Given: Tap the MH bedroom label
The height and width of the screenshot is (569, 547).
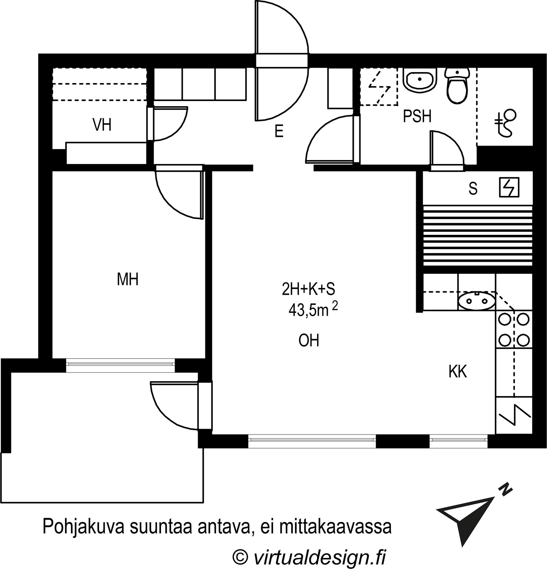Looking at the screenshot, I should click(x=128, y=279).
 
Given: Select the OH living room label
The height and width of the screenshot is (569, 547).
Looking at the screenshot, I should click(x=309, y=341).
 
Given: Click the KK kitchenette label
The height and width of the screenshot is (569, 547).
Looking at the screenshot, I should click(x=458, y=372).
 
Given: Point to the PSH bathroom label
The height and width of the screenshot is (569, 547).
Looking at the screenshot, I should click(x=417, y=116).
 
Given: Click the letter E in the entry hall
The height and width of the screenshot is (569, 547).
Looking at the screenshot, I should click(x=279, y=131).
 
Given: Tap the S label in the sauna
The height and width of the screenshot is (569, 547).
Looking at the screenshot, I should click(x=473, y=189).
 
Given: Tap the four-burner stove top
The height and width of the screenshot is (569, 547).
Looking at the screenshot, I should click(x=514, y=329).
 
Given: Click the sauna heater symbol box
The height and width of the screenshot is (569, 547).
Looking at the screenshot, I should click(x=509, y=187).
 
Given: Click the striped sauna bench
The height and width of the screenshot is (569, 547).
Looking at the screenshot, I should click(x=478, y=235).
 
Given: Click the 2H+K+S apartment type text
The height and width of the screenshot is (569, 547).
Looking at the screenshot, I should click(x=308, y=289).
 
